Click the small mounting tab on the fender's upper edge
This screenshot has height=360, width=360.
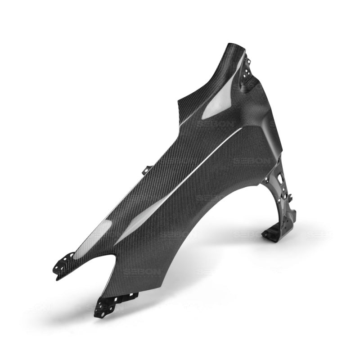146,171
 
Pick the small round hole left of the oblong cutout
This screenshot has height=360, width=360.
272,181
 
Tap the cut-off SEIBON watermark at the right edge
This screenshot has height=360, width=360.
317,234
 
